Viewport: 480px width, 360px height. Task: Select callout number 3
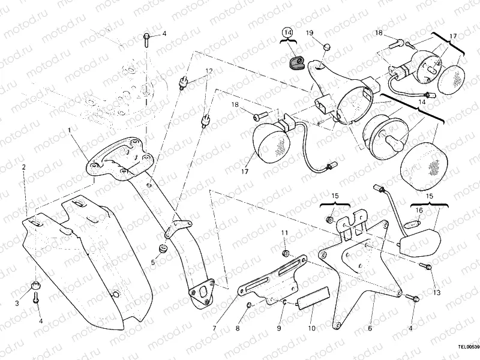(17, 304)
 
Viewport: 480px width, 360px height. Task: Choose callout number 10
(311, 329)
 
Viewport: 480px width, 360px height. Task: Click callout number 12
(208, 71)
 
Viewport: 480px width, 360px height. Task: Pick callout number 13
(437, 292)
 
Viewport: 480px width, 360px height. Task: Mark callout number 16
(419, 211)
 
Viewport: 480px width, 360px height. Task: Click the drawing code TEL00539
(466, 346)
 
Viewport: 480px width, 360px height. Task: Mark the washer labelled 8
(250, 307)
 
